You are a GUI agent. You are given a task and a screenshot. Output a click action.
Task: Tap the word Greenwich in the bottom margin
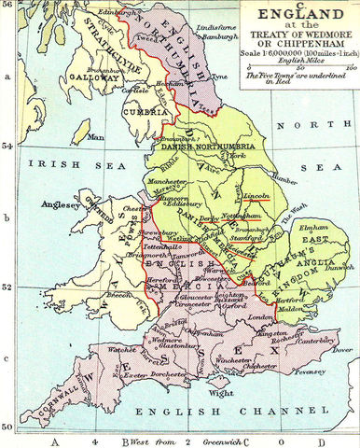click(213, 439)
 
